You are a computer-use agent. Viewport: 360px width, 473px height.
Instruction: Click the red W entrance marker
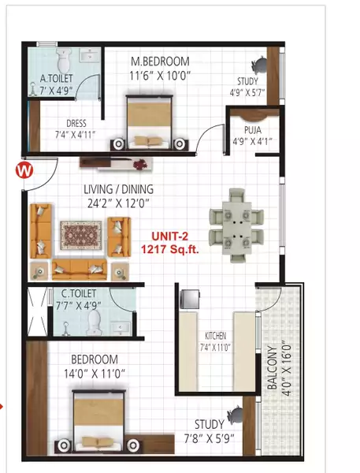24,168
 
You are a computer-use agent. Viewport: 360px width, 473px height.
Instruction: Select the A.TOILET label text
56,79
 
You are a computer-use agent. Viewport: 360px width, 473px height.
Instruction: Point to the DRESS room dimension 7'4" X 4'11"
76,135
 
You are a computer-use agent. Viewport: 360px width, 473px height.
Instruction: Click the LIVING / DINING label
119,189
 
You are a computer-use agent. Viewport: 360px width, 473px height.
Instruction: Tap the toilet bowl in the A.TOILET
65,57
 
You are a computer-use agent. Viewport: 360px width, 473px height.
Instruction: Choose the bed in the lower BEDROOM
99,422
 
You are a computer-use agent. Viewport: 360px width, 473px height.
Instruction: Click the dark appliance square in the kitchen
191,299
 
